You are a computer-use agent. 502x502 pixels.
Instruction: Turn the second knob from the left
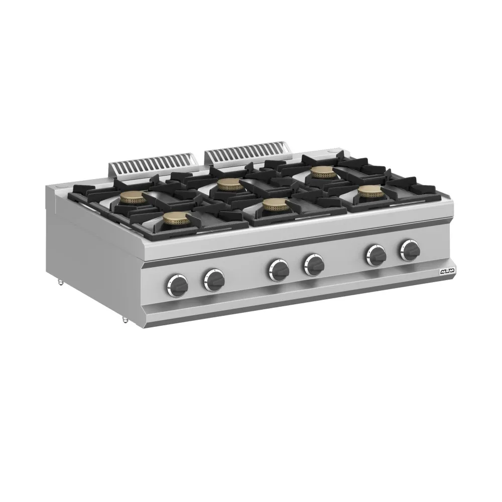click(x=214, y=279)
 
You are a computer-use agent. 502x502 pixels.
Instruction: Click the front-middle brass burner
click(x=274, y=204)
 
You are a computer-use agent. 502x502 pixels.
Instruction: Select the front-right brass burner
click(x=368, y=191)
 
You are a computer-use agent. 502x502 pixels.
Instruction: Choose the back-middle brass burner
click(x=230, y=186)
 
